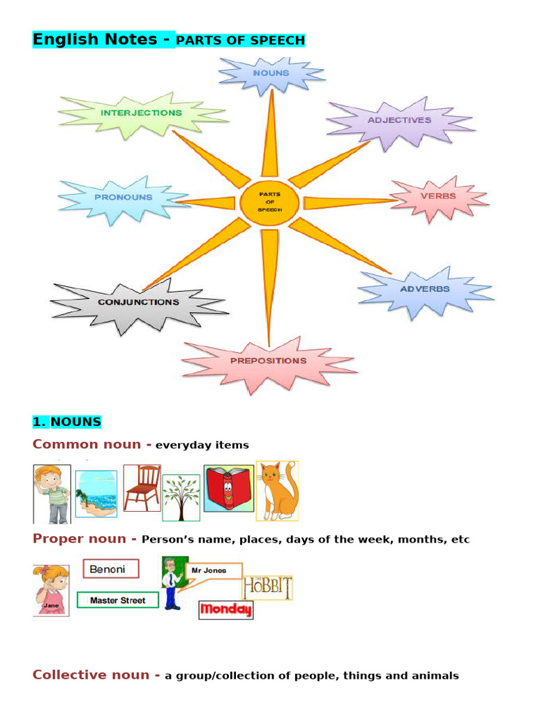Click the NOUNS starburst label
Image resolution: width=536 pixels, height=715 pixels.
[271, 73]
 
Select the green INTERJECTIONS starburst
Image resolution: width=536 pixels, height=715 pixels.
[141, 113]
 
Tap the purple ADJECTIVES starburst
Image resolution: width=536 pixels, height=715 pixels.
[399, 120]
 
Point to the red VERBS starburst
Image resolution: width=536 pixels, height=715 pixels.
[438, 196]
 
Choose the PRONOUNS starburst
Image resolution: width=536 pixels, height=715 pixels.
[124, 198]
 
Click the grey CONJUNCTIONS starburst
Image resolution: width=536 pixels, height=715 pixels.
[138, 302]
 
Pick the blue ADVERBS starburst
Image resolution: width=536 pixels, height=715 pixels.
[424, 289]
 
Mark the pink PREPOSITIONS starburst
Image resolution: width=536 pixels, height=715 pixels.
[269, 361]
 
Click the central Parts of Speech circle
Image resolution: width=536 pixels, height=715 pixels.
[269, 202]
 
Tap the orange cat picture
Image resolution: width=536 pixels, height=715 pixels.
[277, 490]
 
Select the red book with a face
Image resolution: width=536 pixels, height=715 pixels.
[228, 488]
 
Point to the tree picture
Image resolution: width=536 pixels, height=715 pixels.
[181, 497]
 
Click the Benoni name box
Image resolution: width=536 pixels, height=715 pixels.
[110, 569]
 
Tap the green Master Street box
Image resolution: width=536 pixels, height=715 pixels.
[117, 600]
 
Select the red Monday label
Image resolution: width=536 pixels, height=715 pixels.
[225, 610]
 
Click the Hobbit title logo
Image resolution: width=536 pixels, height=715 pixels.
[267, 587]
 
